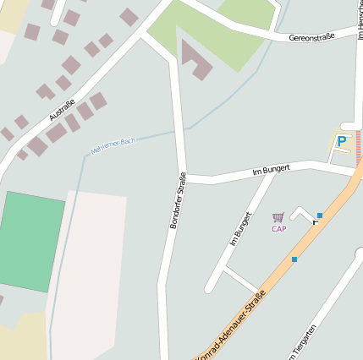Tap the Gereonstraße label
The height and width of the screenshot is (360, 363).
tap(311, 37)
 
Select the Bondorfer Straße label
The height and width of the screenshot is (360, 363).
tap(178, 200)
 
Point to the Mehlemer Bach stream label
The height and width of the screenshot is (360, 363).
tap(113, 145)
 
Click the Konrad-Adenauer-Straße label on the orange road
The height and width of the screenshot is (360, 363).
tap(231, 325)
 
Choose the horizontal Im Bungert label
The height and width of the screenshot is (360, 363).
tap(271, 170)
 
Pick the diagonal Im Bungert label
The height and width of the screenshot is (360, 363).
tap(241, 228)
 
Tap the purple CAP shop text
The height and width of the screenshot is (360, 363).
tap(278, 229)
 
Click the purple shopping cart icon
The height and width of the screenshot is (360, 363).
tap(278, 218)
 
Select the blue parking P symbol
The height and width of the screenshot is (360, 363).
tap(342, 142)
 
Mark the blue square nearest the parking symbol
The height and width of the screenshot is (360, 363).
tap(320, 215)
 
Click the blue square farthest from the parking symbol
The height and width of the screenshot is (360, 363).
tap(294, 259)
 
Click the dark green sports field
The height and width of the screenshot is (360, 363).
tap(30, 242)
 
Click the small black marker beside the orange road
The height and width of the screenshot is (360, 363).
tap(316, 221)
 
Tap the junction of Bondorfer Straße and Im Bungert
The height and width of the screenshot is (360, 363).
tap(184, 178)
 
